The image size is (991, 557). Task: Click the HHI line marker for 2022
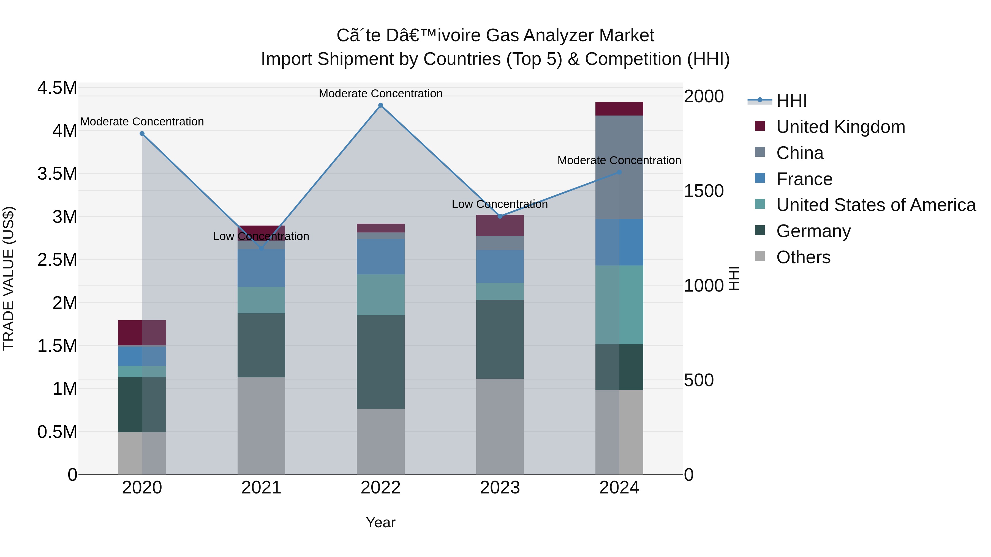(380, 105)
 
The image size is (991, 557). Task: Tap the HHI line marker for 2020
(142, 134)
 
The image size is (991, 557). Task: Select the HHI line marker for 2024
(619, 172)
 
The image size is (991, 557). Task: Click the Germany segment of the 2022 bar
(380, 362)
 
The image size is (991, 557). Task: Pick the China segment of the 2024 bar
(619, 167)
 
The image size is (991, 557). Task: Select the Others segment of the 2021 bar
(261, 426)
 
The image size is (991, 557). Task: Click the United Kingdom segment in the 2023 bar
(500, 226)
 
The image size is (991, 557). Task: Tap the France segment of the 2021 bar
(261, 268)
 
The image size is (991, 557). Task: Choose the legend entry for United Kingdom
(841, 127)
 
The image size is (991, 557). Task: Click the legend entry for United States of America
(876, 205)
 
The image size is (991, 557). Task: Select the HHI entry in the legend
(791, 101)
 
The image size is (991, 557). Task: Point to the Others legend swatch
(760, 256)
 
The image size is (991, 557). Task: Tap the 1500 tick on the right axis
(704, 191)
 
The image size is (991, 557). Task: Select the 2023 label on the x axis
(500, 488)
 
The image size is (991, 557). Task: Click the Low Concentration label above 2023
(499, 204)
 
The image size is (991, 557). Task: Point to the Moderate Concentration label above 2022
(380, 94)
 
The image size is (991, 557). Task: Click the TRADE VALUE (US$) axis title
(9, 278)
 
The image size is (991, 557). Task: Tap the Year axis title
(380, 522)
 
